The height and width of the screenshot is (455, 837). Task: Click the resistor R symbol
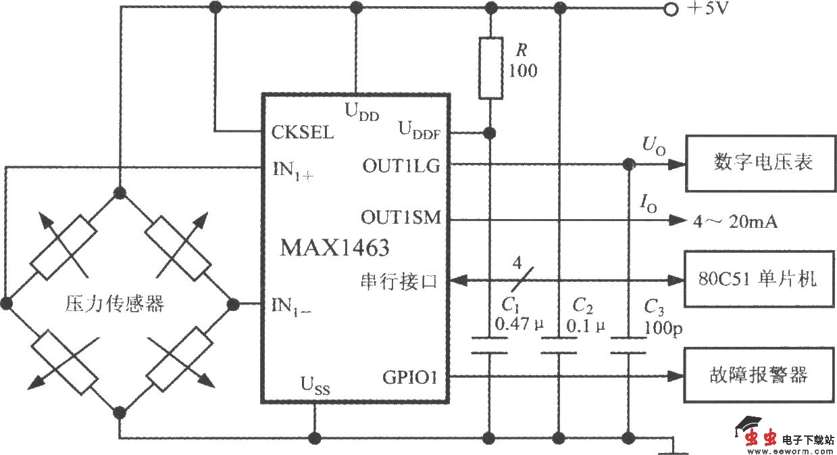click(x=490, y=68)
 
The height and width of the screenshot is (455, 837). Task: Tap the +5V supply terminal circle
click(x=671, y=9)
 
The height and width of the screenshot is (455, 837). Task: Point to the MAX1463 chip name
click(x=335, y=248)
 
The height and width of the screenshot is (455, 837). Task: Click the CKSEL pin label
click(x=303, y=132)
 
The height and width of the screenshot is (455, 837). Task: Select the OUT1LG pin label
click(x=401, y=164)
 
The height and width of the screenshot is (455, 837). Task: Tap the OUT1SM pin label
click(x=401, y=218)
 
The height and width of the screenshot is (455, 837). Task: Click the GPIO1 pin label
click(x=410, y=377)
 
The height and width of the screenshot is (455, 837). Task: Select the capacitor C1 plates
click(x=489, y=345)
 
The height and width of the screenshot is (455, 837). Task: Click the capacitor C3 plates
click(x=628, y=345)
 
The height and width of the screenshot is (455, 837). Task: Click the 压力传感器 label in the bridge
click(x=115, y=304)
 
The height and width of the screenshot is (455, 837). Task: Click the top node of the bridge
click(x=120, y=193)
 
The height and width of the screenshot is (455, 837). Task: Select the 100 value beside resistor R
click(x=524, y=70)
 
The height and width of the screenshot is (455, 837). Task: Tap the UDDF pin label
click(x=419, y=130)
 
